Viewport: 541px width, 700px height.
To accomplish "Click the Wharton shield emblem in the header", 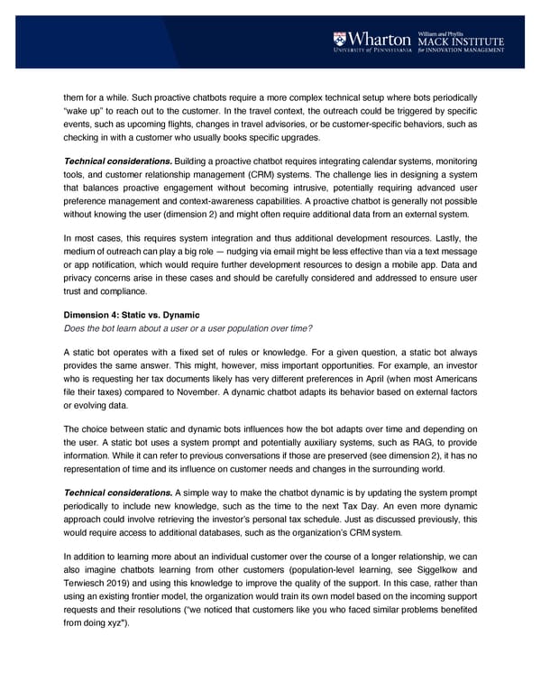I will click(x=339, y=39).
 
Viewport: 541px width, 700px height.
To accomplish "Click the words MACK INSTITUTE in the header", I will click(x=460, y=41).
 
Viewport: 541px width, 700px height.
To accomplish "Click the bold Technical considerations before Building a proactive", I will click(x=113, y=160).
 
